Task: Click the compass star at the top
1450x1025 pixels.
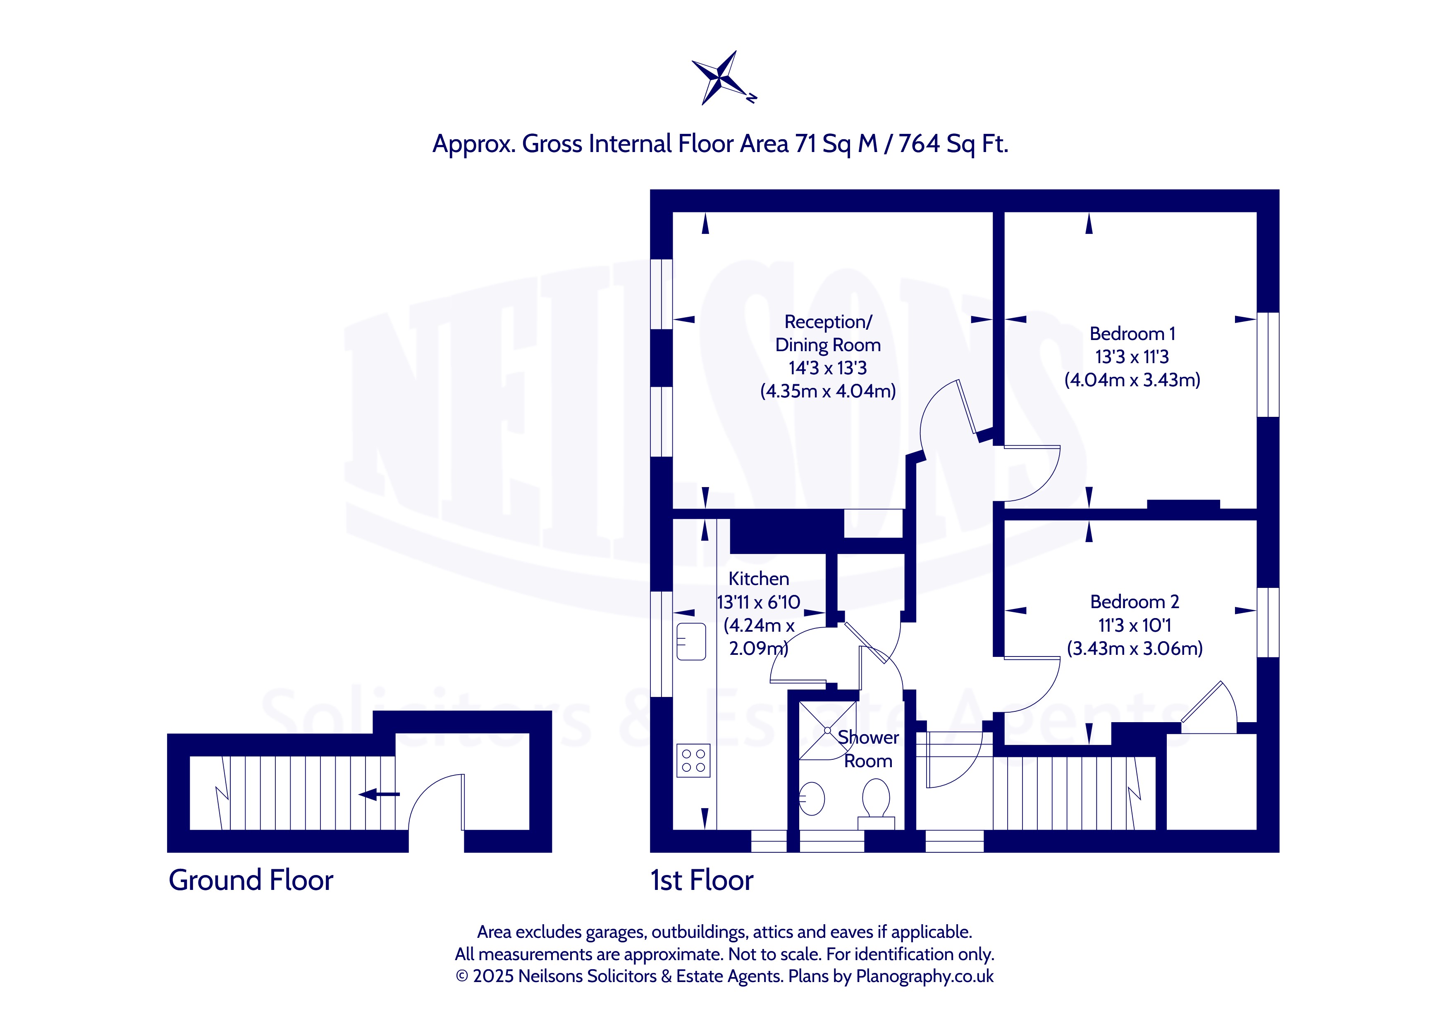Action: point(724,78)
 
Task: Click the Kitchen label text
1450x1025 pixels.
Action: point(758,579)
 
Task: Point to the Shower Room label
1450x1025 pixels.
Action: point(868,749)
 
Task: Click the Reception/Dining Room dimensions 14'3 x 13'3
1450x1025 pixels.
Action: point(828,368)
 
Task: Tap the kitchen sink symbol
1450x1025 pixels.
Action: point(691,641)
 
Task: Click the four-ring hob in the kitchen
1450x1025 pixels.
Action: point(693,761)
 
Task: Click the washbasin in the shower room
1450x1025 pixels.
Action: point(812,799)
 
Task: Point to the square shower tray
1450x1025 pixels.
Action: point(828,730)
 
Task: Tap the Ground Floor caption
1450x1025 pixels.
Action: point(251,880)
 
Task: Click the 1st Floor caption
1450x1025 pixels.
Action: point(702,880)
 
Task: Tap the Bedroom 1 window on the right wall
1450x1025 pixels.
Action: point(1268,365)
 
